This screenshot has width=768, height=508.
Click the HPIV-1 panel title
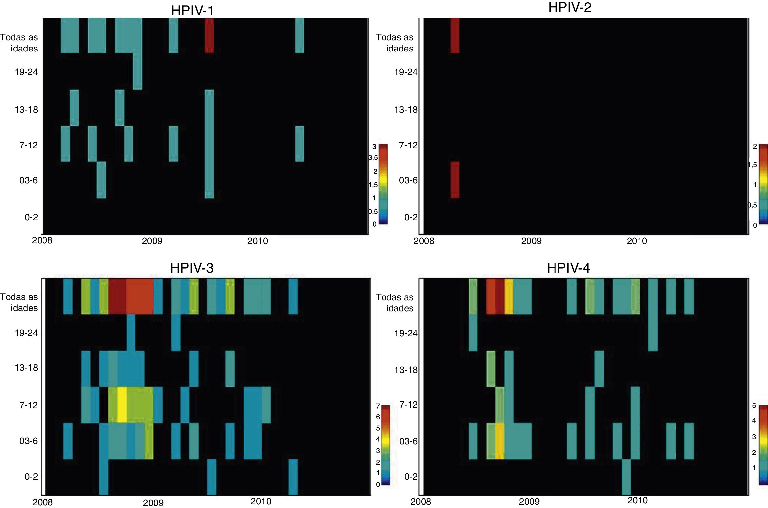point(192,11)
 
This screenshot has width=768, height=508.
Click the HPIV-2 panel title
point(569,7)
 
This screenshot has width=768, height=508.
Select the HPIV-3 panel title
point(192,268)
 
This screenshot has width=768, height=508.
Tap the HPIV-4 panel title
point(568,268)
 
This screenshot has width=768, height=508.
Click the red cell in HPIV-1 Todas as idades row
point(209,36)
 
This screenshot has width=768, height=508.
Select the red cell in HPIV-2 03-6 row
point(455,180)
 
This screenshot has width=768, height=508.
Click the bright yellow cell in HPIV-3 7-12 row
point(122,405)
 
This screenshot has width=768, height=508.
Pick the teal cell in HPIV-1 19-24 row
point(138,71)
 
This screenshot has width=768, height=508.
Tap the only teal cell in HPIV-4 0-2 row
point(626,477)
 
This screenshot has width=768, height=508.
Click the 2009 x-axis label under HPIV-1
point(152,241)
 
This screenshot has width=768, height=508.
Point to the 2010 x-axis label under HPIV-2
point(637,241)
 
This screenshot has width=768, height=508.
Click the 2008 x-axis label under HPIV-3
point(43,502)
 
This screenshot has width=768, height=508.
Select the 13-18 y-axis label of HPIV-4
point(406,370)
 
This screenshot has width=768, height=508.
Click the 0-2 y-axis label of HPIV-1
point(31,217)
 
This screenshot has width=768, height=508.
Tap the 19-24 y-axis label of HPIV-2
point(406,72)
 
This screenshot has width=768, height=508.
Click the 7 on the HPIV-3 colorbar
point(378,406)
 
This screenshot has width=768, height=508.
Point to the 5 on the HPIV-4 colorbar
point(754,406)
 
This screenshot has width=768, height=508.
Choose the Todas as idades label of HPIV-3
point(19,302)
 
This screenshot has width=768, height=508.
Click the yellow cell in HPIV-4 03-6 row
point(500,441)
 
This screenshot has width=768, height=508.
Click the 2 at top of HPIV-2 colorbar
point(755,147)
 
